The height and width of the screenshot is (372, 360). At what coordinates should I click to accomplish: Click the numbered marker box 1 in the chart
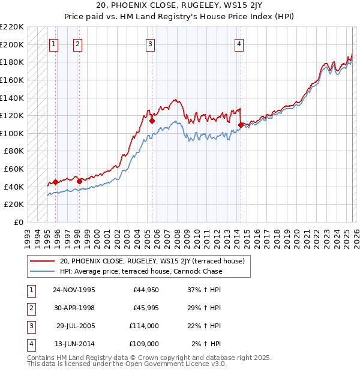[55, 43]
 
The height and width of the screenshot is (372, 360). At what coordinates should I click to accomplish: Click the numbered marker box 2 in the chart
[79, 43]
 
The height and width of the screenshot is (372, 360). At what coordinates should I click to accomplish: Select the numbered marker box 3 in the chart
[150, 43]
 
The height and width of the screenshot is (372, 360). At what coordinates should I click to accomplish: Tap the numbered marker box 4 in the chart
[239, 43]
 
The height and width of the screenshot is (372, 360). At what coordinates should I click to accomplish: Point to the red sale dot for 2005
[152, 121]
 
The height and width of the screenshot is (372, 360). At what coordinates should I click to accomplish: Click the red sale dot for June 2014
[241, 125]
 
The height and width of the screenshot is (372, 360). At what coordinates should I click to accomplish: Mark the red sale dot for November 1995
[56, 182]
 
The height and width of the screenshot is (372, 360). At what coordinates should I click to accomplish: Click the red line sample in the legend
[43, 261]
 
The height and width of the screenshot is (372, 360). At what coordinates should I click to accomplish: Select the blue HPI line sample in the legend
[43, 271]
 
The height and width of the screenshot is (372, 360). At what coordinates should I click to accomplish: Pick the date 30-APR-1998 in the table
[74, 308]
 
